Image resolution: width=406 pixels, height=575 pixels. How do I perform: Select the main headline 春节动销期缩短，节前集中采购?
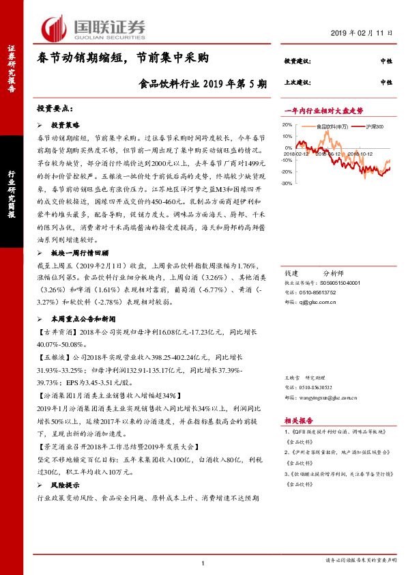click(x=121, y=59)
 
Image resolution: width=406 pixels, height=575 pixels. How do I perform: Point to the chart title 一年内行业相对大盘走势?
click(x=323, y=111)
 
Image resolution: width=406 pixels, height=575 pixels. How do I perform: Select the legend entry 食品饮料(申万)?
click(x=332, y=126)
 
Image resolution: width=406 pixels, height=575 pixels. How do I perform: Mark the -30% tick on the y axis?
click(x=287, y=183)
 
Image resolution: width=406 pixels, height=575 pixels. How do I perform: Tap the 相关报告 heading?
click(x=299, y=421)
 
